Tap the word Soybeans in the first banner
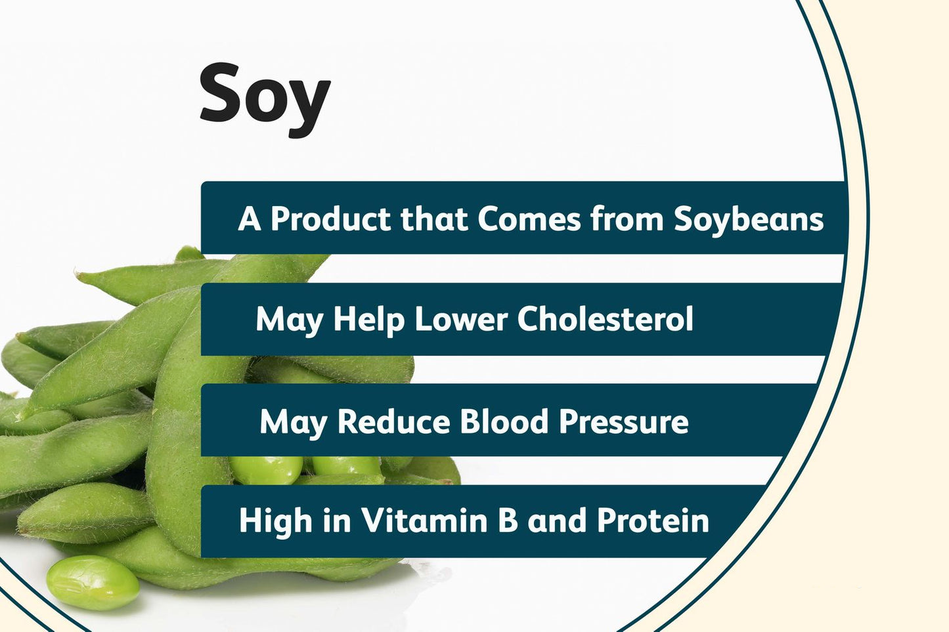[x=749, y=219]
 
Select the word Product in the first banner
[x=330, y=219]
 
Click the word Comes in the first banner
[x=529, y=219]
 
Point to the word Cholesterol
[x=605, y=320]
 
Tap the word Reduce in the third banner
[x=392, y=421]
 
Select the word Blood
[x=504, y=421]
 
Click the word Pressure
[x=623, y=421]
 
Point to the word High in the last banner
[x=275, y=522]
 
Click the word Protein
[x=653, y=520]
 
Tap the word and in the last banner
[x=557, y=520]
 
